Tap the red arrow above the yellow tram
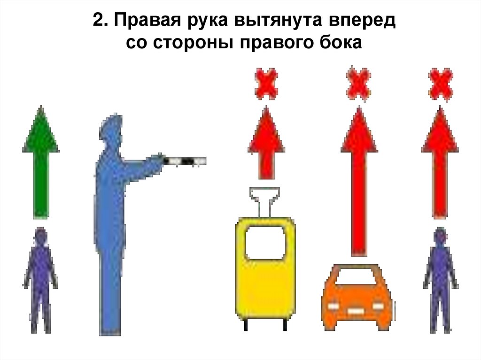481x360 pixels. point(266,143)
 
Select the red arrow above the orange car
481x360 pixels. point(359,178)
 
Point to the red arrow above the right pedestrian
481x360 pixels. point(440,160)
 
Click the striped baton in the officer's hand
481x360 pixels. point(185,161)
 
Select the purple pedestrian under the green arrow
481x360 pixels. point(41,279)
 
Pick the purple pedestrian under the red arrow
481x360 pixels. point(440,279)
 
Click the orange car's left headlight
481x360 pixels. point(333,306)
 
